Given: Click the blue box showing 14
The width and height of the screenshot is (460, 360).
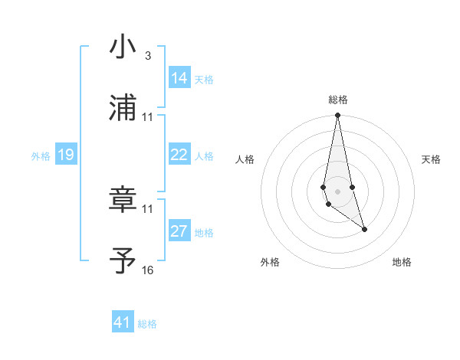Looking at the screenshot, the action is click(179, 78).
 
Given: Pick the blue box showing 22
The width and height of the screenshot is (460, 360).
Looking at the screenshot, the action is click(179, 155).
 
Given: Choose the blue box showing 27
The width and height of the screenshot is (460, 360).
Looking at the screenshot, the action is click(179, 231).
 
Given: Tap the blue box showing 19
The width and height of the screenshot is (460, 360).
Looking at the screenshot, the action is click(66, 155).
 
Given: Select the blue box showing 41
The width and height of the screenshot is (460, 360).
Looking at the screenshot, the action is click(123, 322).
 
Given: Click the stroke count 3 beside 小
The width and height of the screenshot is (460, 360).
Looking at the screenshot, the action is click(147, 57).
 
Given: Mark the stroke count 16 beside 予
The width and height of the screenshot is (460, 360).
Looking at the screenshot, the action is click(147, 270).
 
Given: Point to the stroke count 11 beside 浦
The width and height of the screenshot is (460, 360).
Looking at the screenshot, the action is click(147, 117).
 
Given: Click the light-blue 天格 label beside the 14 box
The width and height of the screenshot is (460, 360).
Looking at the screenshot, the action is click(204, 80).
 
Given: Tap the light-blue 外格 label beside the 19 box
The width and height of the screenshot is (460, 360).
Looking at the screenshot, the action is click(41, 156).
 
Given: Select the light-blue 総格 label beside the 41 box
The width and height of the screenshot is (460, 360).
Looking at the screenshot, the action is click(147, 324).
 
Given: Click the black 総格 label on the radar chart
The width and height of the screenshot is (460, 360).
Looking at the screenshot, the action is click(338, 100).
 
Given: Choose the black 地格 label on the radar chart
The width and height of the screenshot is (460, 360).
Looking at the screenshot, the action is click(402, 263).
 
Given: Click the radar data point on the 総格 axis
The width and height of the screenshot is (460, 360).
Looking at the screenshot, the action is click(338, 116).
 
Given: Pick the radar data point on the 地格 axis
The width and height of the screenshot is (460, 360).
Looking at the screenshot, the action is click(364, 229).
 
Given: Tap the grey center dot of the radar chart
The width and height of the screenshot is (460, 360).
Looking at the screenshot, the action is click(338, 191).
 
